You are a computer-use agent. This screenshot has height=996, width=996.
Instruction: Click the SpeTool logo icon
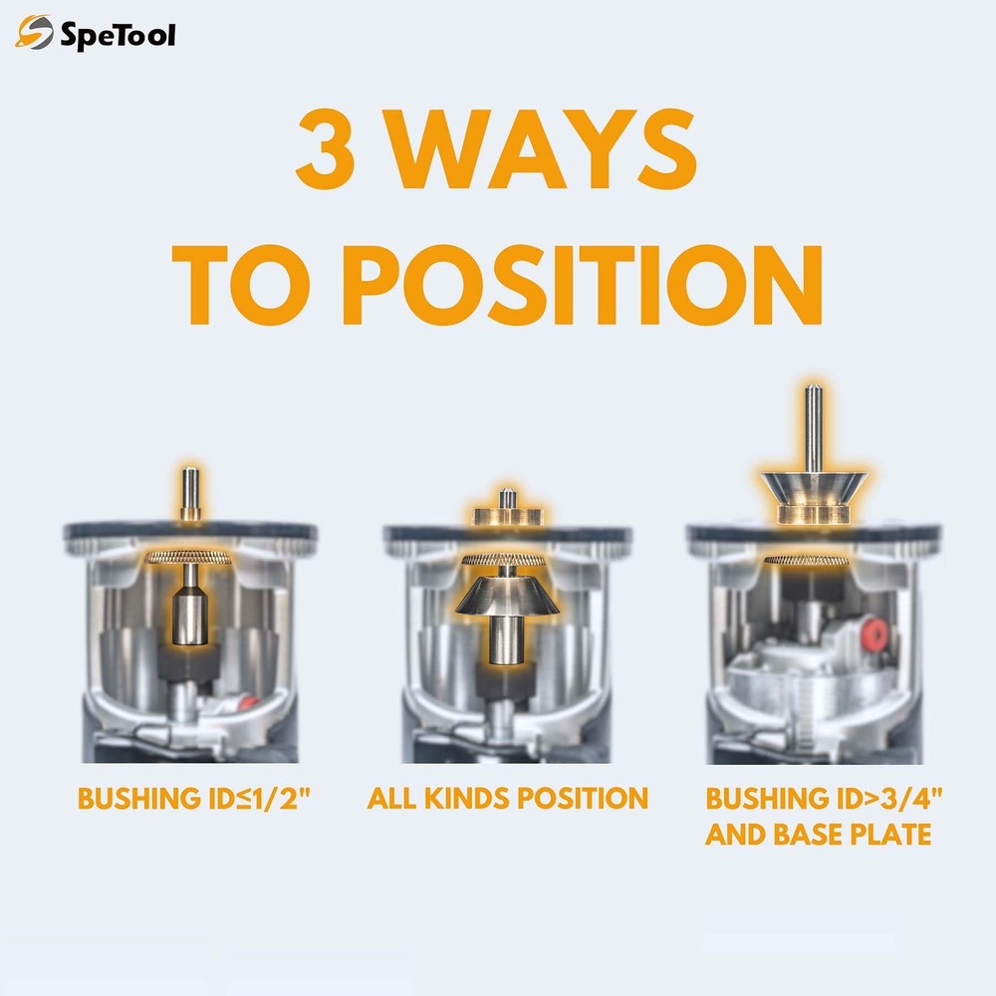(35, 35)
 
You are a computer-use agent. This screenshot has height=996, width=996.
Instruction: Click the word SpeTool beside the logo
(119, 37)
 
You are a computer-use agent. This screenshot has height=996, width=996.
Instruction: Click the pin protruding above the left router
(189, 494)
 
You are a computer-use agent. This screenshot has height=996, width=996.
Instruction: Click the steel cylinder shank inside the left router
(189, 618)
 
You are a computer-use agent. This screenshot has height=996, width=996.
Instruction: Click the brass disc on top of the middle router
(507, 515)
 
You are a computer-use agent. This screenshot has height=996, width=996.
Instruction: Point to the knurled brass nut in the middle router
(507, 559)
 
